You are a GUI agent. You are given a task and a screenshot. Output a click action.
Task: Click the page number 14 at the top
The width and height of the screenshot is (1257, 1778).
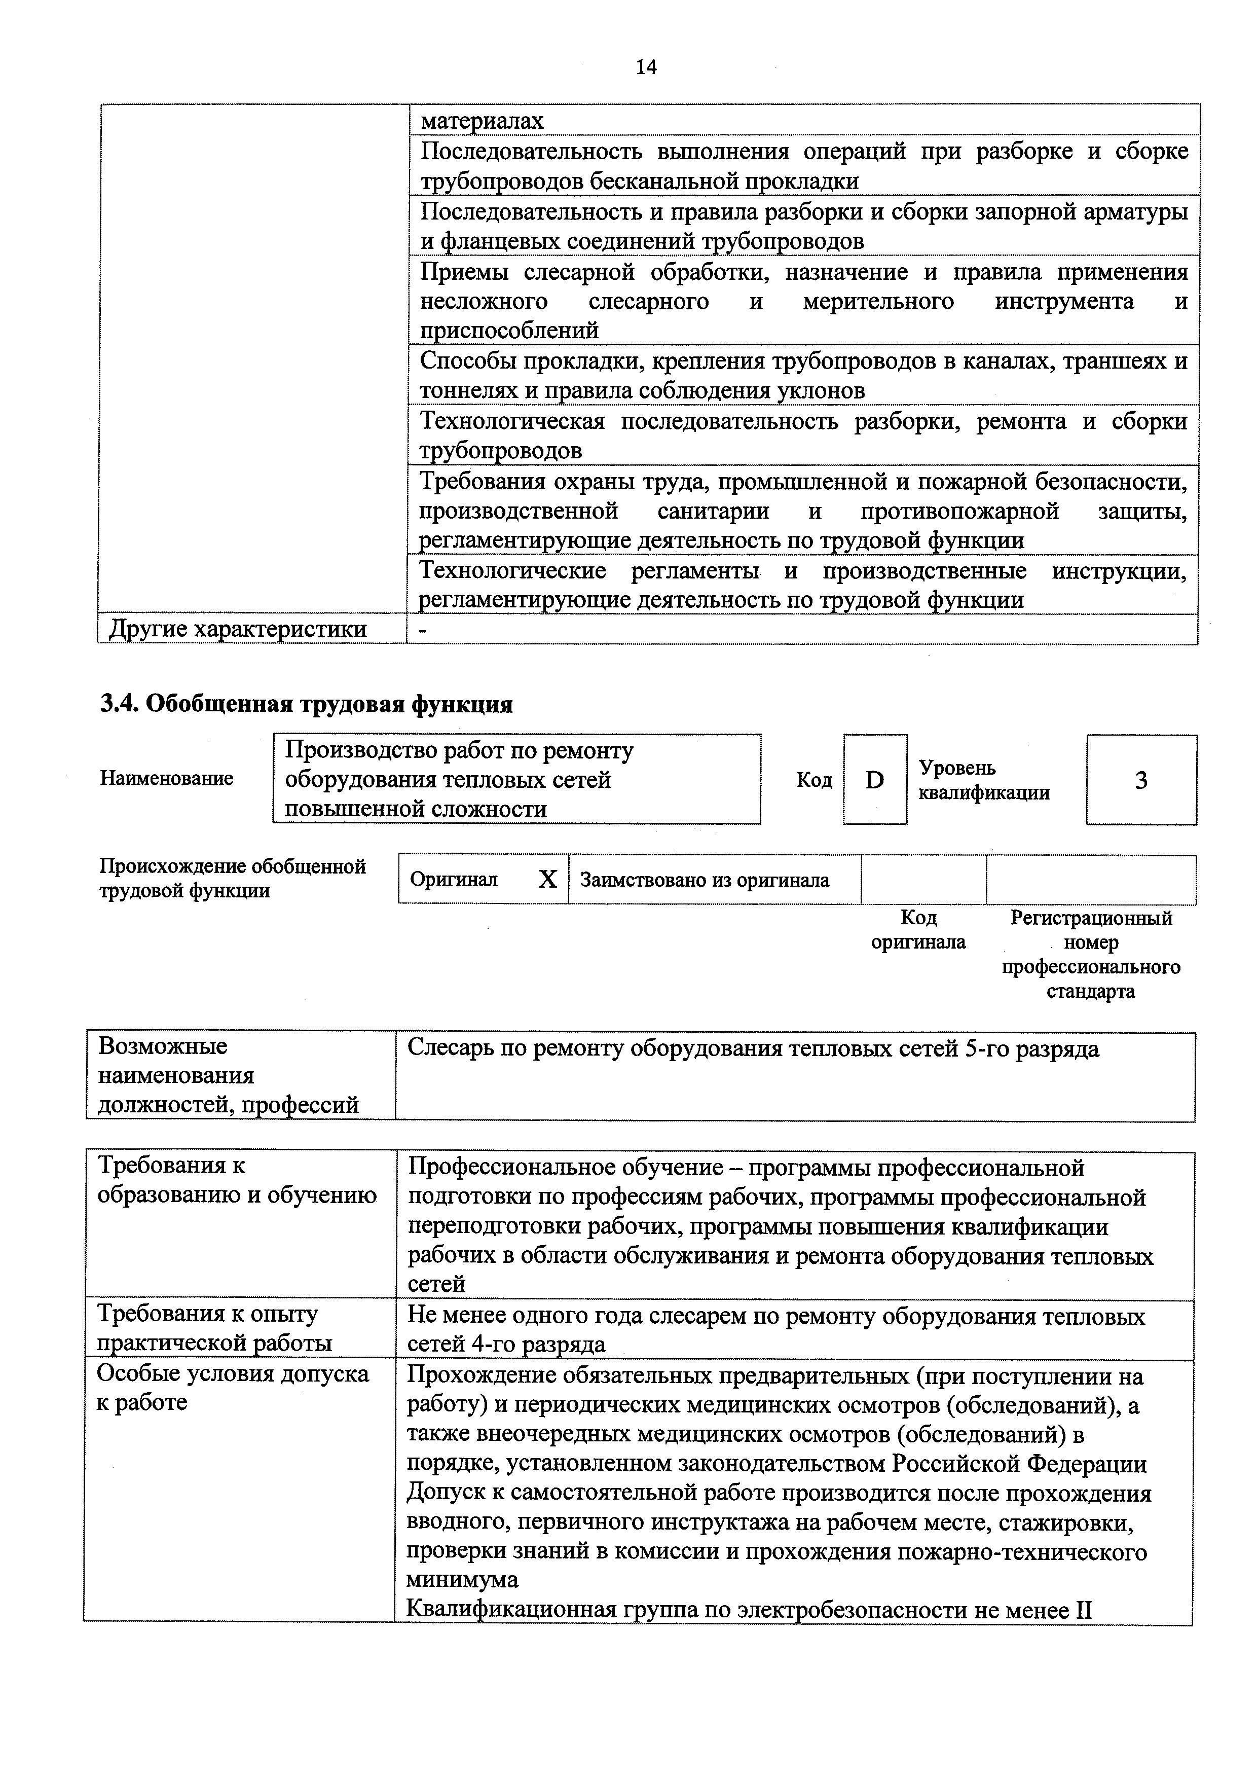click(646, 68)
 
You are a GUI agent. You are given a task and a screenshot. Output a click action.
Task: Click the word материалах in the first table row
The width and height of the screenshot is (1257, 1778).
click(482, 121)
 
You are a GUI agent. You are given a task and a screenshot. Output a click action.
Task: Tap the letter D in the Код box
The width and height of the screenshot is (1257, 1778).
click(875, 780)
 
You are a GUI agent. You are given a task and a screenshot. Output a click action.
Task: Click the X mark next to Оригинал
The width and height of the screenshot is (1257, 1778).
click(547, 879)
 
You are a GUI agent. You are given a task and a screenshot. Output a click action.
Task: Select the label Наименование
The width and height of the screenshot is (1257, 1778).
click(166, 778)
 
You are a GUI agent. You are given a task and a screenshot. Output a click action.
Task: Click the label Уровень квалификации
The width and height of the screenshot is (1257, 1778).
click(984, 780)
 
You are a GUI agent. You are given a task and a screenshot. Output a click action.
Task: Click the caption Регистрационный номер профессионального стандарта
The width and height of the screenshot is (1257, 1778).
click(1091, 954)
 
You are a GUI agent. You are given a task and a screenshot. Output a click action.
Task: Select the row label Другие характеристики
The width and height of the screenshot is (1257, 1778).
click(238, 629)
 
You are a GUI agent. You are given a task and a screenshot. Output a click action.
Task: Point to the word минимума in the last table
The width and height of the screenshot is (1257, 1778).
click(463, 1579)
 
